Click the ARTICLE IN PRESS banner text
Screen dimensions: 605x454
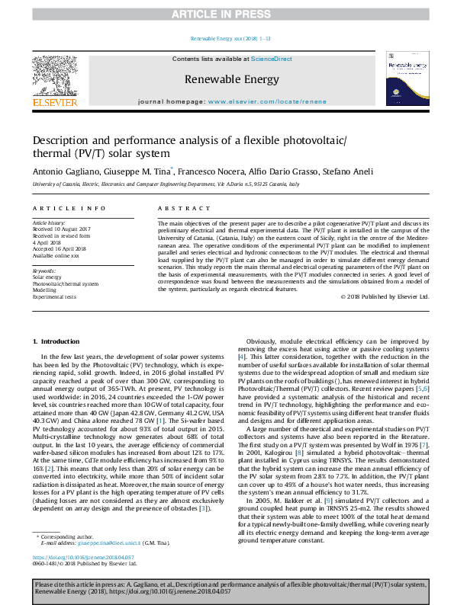(x=226, y=14)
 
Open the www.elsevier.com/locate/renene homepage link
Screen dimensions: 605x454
(x=262, y=101)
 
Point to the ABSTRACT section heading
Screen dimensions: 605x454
(x=181, y=207)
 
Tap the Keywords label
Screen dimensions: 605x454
(x=44, y=270)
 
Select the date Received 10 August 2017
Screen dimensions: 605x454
(x=62, y=228)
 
